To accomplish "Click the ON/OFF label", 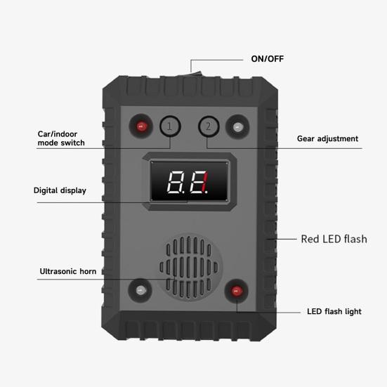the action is click(x=268, y=59).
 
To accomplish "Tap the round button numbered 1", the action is click(x=170, y=126).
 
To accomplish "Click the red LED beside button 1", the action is click(x=141, y=126).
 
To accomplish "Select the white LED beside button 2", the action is click(x=237, y=127).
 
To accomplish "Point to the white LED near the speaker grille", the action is click(x=140, y=290).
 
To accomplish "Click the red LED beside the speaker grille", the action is click(x=237, y=291).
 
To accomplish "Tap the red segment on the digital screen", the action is click(x=204, y=182).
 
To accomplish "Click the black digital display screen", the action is click(x=190, y=181).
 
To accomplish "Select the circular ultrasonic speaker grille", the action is click(x=189, y=268).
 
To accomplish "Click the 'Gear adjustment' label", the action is click(x=327, y=138).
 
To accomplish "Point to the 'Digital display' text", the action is click(x=60, y=190).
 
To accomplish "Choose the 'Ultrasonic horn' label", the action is click(x=68, y=271).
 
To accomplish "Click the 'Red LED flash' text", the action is click(x=334, y=239).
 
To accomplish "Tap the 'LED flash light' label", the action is click(x=334, y=311).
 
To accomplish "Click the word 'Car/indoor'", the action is click(x=58, y=134).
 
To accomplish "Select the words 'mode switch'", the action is click(x=61, y=143).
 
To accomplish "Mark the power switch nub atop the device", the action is click(x=197, y=73).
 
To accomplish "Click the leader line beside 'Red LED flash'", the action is click(x=281, y=239).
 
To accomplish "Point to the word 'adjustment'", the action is click(x=338, y=138).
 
